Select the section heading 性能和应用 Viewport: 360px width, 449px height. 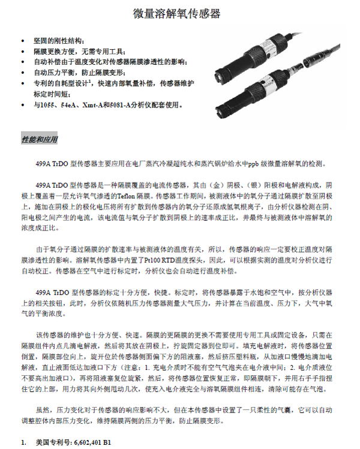click(40, 139)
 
